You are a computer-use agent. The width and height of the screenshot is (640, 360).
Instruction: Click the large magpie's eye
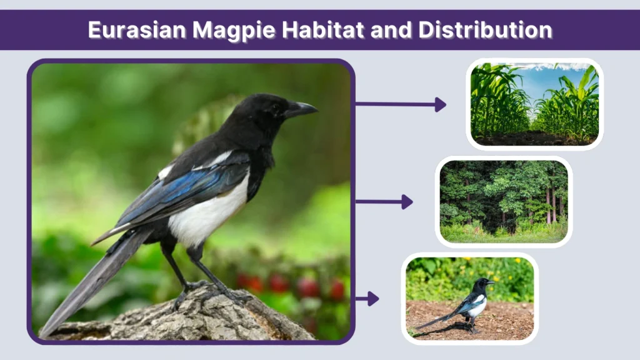(276, 107)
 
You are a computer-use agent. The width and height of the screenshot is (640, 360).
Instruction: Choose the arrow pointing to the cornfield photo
(400, 104)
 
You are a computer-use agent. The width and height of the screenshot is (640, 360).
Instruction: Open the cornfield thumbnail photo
(534, 104)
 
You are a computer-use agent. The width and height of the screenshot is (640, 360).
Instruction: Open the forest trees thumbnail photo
(504, 202)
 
